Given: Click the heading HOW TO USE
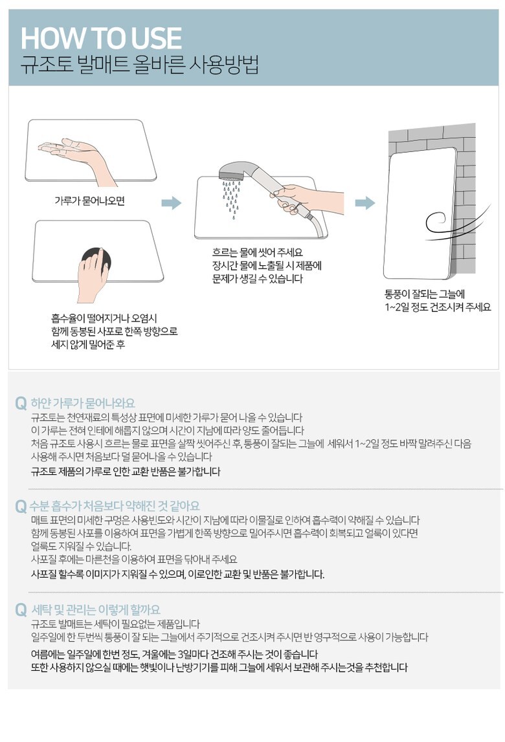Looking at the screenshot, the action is pos(102,38).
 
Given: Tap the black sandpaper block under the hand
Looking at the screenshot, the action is pos(96,260).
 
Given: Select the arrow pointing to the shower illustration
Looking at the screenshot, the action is pos(171,203).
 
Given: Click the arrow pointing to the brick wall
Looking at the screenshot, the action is pos(365,203).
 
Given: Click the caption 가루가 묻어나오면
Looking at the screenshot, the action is pos(89,201).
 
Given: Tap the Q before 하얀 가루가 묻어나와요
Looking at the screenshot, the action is pos(21,403).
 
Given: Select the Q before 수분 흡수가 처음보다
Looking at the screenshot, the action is pos(21,506).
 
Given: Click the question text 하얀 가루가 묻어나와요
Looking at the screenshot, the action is pos(83,403).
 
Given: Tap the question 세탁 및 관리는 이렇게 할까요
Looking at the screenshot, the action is pos(96,609).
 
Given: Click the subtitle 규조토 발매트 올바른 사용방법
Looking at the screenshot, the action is pos(140,65).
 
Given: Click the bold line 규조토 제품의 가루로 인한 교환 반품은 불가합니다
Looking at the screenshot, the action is pos(126,472).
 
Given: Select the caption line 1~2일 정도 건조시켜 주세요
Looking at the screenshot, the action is pos(438,307).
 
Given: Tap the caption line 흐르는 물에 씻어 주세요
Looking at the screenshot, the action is pos(258,252).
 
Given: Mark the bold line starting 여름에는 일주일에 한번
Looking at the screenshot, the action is pos(174,655).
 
